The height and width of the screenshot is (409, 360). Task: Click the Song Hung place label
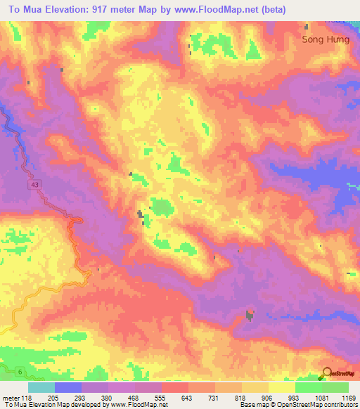pyautogui.click(x=325, y=39)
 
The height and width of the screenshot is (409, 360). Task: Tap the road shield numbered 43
pyautogui.click(x=34, y=185)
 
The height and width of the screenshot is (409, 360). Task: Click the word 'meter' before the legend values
pyautogui.click(x=12, y=397)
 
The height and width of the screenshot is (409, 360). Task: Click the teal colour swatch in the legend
pyautogui.click(x=41, y=387)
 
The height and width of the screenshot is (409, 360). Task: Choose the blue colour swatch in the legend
pyautogui.click(x=68, y=387)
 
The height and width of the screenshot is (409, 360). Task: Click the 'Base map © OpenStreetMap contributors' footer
pyautogui.click(x=297, y=405)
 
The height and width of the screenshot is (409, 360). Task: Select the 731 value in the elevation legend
pyautogui.click(x=202, y=397)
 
